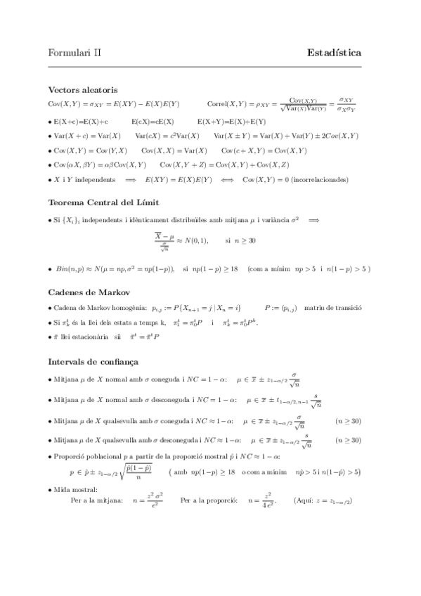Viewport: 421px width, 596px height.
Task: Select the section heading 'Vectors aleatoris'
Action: (x=82, y=89)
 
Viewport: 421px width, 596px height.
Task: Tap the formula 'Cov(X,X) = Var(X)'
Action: (x=174, y=150)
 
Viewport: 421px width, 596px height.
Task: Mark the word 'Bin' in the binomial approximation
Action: (x=61, y=268)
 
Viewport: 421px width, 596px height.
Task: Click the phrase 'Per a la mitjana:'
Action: (x=97, y=501)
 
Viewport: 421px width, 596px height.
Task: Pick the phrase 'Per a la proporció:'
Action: (x=209, y=501)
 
